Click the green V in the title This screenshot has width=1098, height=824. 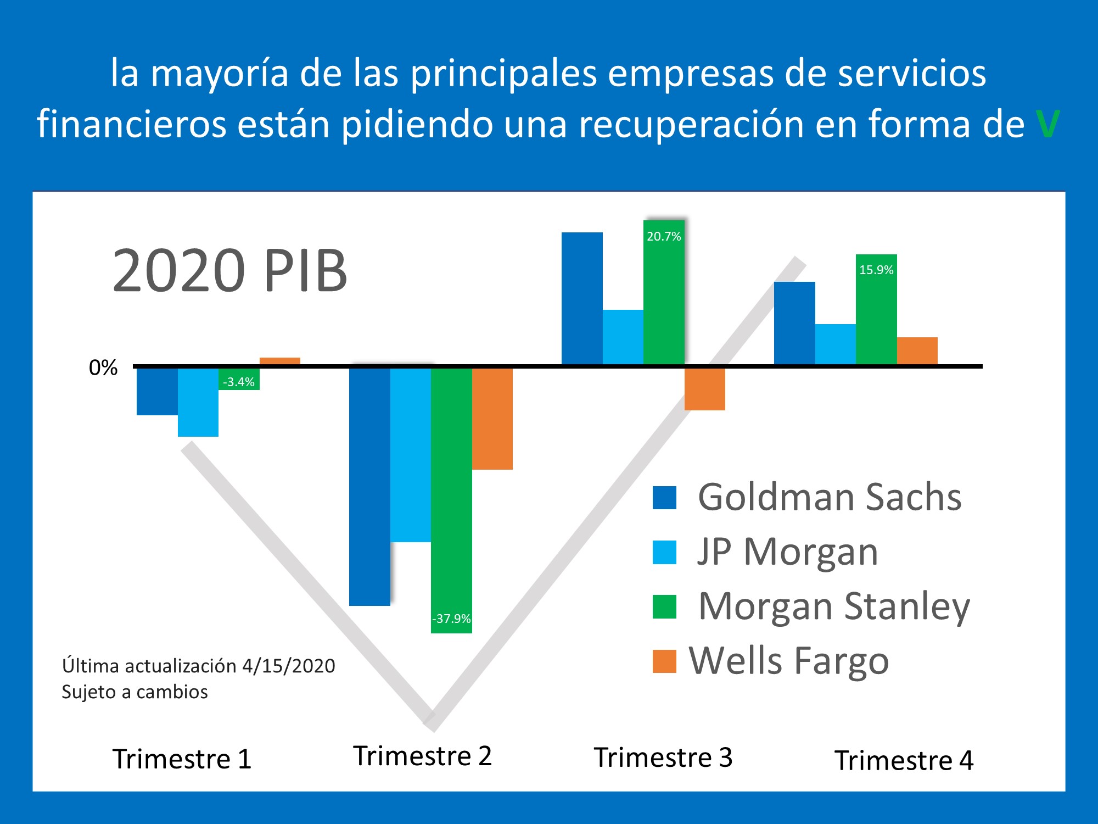[1047, 124]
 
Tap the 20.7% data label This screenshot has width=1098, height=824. [664, 237]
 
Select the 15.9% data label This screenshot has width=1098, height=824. [876, 270]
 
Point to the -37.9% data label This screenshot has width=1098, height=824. [451, 619]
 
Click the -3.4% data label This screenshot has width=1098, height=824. [239, 382]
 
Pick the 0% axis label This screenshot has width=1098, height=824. [103, 368]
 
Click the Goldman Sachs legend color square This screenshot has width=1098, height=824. [664, 498]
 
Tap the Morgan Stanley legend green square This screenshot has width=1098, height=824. [664, 606]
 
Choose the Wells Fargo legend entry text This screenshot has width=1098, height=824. [789, 660]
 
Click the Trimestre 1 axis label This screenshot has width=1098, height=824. [182, 759]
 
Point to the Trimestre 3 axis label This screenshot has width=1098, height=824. [663, 758]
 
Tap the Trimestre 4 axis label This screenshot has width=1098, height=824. [904, 761]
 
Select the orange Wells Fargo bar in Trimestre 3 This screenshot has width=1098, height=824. [704, 389]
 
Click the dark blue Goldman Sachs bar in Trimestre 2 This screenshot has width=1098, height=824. [369, 486]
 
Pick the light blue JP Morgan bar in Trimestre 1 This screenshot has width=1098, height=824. [198, 402]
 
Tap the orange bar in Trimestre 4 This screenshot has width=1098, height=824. [917, 351]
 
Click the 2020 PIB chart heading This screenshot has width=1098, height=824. [229, 271]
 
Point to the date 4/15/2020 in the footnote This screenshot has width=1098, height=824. [288, 666]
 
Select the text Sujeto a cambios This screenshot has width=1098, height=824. [135, 692]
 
